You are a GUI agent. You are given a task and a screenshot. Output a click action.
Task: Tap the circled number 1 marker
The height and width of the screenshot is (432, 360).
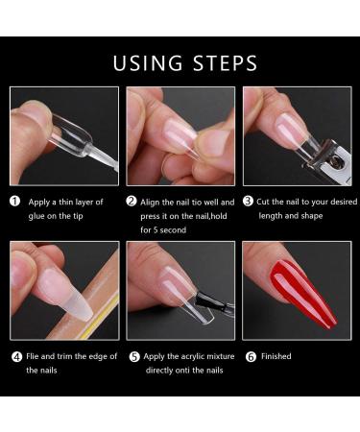tap(16, 202)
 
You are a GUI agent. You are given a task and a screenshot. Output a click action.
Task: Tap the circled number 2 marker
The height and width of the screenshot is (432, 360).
tap(132, 202)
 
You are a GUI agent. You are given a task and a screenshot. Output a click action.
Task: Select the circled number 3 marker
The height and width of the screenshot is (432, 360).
tap(247, 202)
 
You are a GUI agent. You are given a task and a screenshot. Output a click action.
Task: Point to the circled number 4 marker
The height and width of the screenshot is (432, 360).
tap(16, 356)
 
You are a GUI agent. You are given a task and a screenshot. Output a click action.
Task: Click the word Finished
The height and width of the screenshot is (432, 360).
tap(276, 356)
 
